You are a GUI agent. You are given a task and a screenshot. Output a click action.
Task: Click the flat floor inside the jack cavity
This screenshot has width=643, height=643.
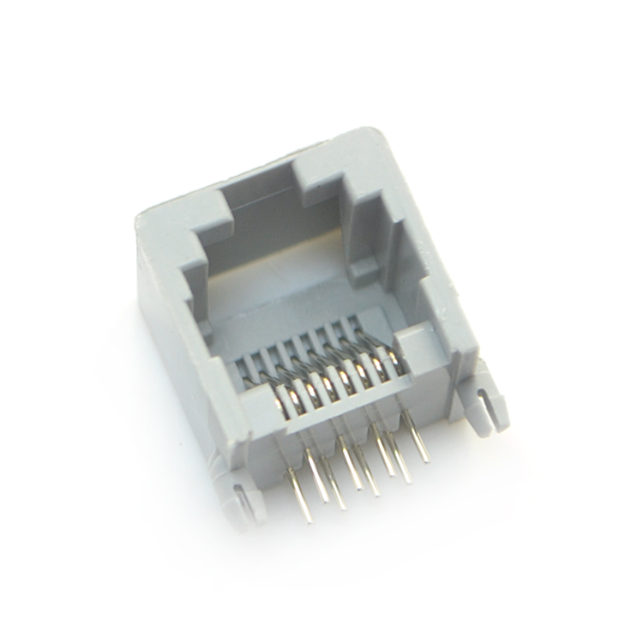(x=283, y=309)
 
